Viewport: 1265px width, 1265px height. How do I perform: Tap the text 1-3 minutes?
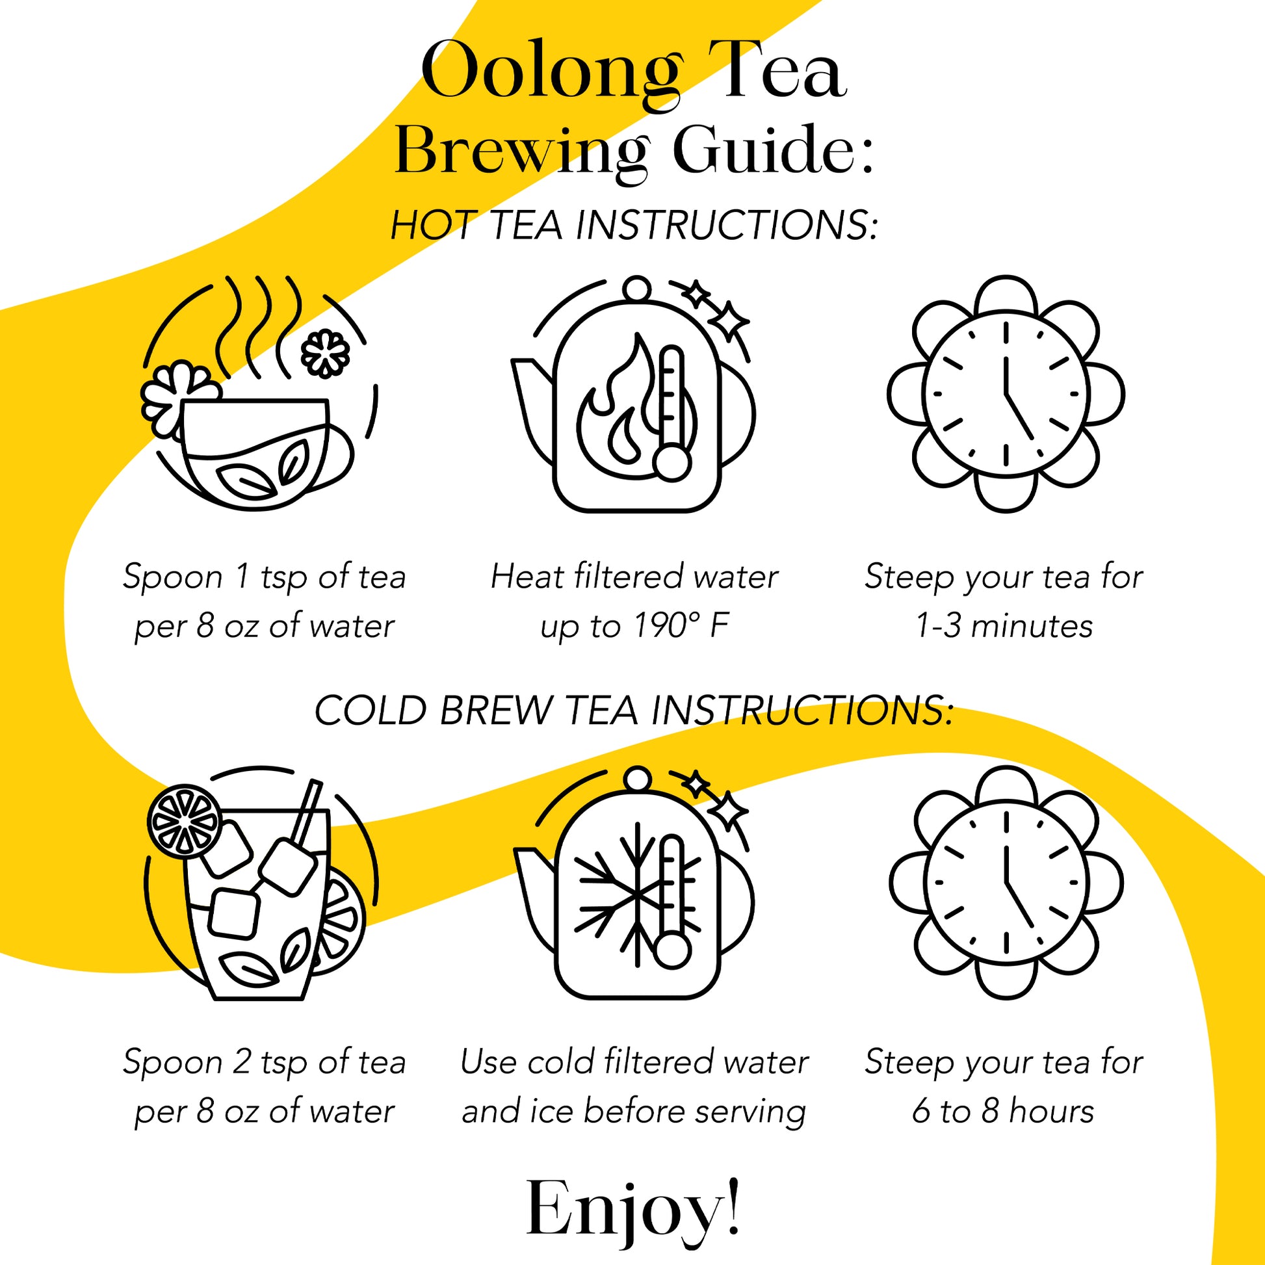[x=1003, y=627]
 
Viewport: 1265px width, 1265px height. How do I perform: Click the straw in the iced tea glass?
[x=306, y=811]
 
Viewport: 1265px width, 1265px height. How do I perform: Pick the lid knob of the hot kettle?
[x=636, y=289]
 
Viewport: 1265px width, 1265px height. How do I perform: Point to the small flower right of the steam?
[x=326, y=354]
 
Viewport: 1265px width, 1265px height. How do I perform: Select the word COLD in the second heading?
[x=371, y=711]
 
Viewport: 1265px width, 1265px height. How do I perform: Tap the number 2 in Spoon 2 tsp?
[x=243, y=1062]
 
